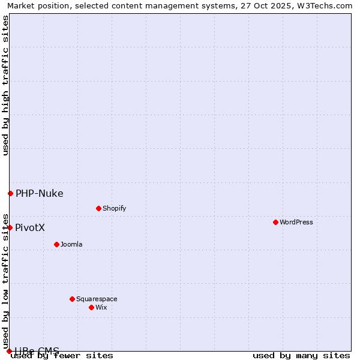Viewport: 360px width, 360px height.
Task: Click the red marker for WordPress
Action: [275, 222]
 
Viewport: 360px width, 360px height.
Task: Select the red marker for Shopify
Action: [98, 208]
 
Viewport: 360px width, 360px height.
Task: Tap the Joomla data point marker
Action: [56, 244]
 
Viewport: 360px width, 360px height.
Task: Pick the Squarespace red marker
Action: [72, 299]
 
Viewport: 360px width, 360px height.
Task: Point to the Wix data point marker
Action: [91, 307]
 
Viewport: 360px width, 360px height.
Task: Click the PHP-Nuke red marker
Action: [10, 193]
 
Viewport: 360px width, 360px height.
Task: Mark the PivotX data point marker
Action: [10, 227]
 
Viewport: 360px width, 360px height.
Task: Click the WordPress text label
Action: [296, 222]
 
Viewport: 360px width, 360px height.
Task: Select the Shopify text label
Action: [114, 208]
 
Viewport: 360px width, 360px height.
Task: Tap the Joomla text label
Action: [71, 244]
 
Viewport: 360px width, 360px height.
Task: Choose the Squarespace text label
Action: [97, 299]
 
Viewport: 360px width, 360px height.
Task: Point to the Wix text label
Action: [101, 307]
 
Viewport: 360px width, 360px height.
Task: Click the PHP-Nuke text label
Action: [40, 193]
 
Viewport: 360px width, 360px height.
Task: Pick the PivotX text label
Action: [30, 227]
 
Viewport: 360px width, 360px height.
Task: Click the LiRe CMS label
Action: [37, 351]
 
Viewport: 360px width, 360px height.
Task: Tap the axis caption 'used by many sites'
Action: [301, 355]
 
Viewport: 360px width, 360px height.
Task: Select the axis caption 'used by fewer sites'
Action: [62, 356]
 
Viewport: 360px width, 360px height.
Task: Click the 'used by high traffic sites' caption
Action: [5, 85]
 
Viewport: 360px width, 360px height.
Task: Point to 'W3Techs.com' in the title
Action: [329, 5]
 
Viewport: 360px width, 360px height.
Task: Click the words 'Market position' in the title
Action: [35, 5]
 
